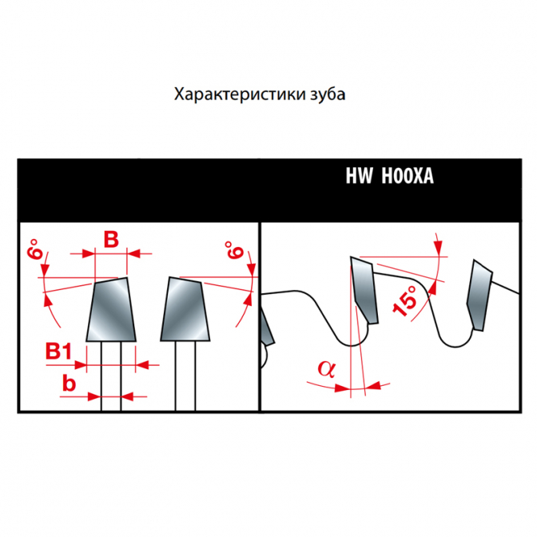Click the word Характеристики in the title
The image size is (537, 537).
[x=240, y=94]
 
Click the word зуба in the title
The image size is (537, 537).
[x=328, y=93]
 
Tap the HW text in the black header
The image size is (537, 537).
[x=359, y=176]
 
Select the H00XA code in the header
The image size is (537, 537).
[x=408, y=176]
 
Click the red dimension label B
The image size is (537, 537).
[x=111, y=239]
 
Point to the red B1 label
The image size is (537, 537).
[x=59, y=351]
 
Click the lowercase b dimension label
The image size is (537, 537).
[x=69, y=383]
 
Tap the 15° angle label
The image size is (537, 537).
[x=405, y=300]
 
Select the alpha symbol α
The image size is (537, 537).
[x=327, y=369]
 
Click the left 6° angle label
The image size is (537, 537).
[x=35, y=249]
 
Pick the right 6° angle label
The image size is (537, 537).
[x=234, y=249]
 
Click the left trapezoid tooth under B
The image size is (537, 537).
[x=111, y=309]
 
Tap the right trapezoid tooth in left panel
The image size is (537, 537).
[x=185, y=309]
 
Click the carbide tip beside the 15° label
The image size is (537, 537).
[x=364, y=289]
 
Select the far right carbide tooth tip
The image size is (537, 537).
[x=479, y=295]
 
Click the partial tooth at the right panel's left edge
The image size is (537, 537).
[x=267, y=325]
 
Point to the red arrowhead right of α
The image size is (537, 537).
[x=372, y=386]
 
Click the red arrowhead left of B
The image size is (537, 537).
[x=87, y=254]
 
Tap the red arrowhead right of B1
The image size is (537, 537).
[x=142, y=364]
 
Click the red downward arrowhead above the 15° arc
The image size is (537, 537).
[x=438, y=247]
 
